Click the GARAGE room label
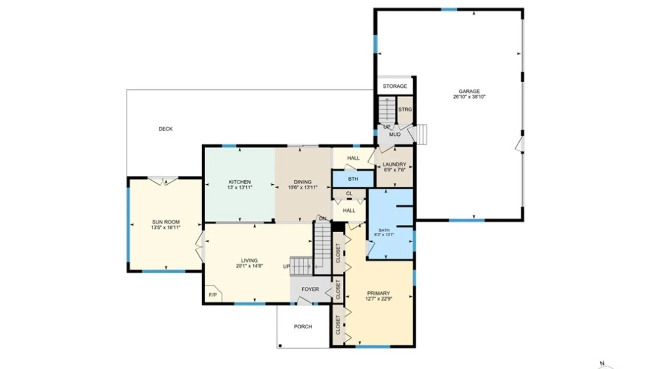pyautogui.click(x=469, y=91)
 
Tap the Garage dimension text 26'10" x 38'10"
pyautogui.click(x=469, y=97)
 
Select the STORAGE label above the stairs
pyautogui.click(x=395, y=86)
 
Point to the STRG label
pyautogui.click(x=405, y=109)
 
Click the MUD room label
pyautogui.click(x=395, y=134)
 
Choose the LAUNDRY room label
pyautogui.click(x=394, y=164)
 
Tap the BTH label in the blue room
pyautogui.click(x=353, y=179)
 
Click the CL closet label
pyautogui.click(x=349, y=193)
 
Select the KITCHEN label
pyautogui.click(x=240, y=182)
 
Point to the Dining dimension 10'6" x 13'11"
pyautogui.click(x=303, y=187)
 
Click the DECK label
pyautogui.click(x=166, y=129)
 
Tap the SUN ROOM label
pyautogui.click(x=166, y=222)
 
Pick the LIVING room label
pyautogui.click(x=249, y=260)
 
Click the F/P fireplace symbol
pyautogui.click(x=213, y=295)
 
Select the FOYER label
pyautogui.click(x=310, y=289)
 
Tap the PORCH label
pyautogui.click(x=303, y=327)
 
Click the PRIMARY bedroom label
pyautogui.click(x=378, y=293)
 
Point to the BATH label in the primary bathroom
pyautogui.click(x=384, y=230)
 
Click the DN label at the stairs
pyautogui.click(x=323, y=218)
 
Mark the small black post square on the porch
pyautogui.click(x=280, y=346)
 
